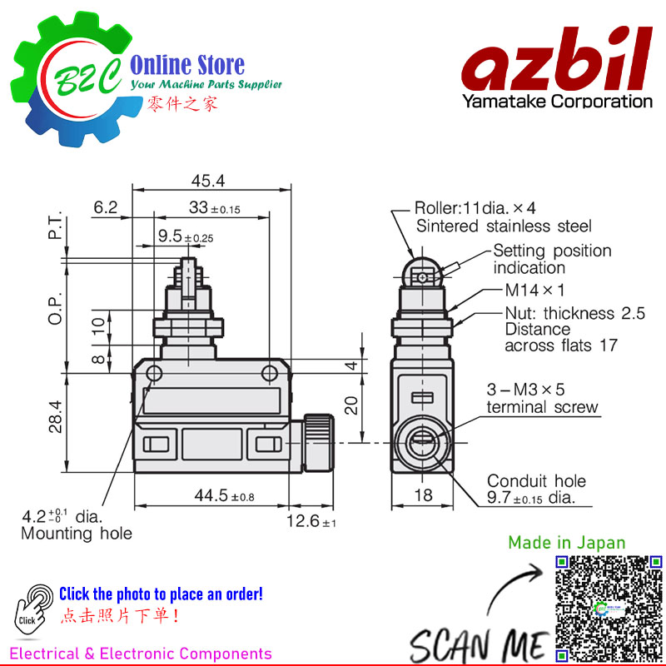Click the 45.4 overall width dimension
pos(207,181)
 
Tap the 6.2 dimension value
pos(106,207)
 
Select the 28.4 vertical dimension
pos(56,417)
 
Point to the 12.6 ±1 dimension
pos(311,521)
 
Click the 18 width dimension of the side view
pos(423,495)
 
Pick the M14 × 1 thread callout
pos(534,291)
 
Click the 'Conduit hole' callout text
pos(536,481)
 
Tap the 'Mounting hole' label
pos(77,534)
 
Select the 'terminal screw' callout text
pos(542,407)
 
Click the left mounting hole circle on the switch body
pos(154,374)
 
